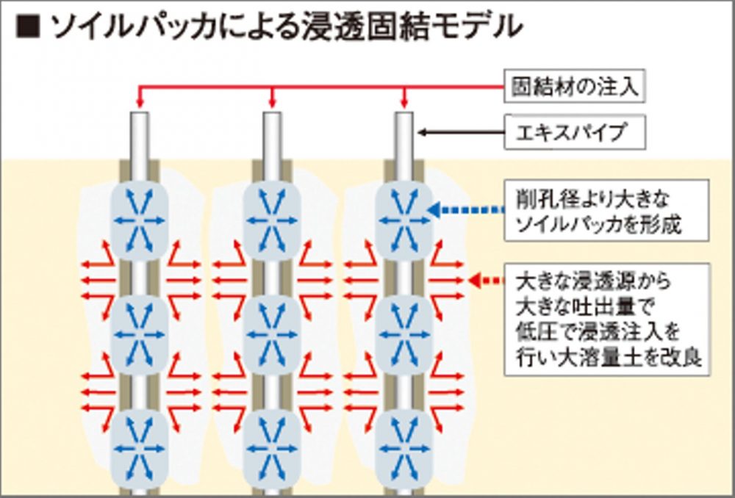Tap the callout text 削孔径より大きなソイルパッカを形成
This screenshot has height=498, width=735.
point(607,212)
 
